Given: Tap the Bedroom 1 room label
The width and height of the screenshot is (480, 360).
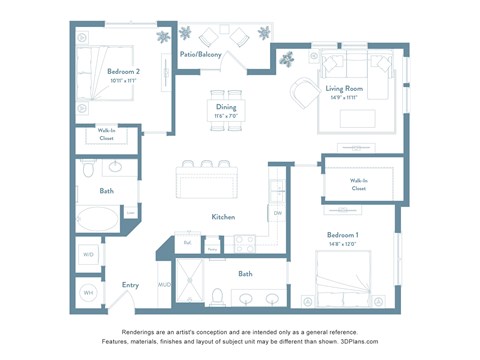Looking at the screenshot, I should coord(342,233).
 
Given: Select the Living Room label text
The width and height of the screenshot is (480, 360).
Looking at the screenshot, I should coord(344,88).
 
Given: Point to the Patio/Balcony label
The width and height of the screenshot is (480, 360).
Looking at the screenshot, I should coord(200,54).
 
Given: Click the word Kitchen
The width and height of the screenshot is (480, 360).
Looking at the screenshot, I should coord(223,216).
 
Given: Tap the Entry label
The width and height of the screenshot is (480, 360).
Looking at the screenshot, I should coord(130,285).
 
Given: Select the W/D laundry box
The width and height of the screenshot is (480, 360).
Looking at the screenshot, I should coord(88,255).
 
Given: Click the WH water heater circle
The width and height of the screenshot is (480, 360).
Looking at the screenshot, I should coord(88,292).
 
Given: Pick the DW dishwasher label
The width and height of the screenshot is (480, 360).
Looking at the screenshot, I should coord(277,212).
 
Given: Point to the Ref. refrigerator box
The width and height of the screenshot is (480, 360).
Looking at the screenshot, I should coord(187,242).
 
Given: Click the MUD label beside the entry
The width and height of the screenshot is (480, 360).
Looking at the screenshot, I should coord(164,285).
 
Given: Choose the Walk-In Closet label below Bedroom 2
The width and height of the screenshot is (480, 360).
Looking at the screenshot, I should coord(106,135).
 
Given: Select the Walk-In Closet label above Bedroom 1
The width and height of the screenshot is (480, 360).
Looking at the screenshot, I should coord(358,184).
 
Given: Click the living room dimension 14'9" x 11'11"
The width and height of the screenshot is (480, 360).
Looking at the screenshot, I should coord(343,98).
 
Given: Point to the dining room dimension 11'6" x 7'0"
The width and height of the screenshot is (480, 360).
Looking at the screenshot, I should coord(226,115).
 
